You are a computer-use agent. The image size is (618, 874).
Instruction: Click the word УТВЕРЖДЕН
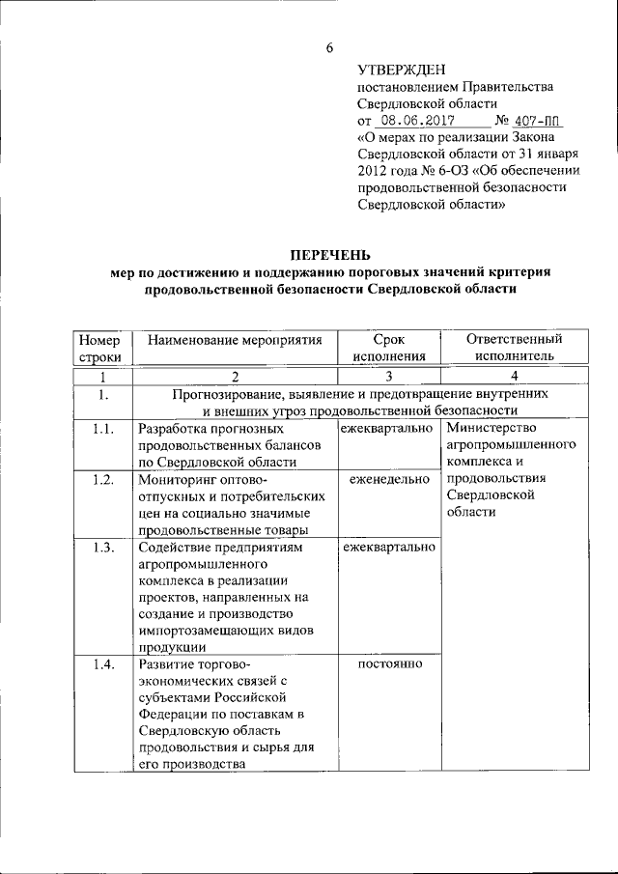401,69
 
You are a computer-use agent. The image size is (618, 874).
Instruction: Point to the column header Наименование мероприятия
235,340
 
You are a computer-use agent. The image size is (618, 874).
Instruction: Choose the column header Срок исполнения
388,348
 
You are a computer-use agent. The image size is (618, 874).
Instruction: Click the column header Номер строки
98,348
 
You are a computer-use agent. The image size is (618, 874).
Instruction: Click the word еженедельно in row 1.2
388,480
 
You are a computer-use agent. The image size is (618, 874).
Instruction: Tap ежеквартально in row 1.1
386,428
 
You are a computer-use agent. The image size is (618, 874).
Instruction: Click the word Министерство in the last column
492,428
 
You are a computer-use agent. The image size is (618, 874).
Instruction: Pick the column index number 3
387,376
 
